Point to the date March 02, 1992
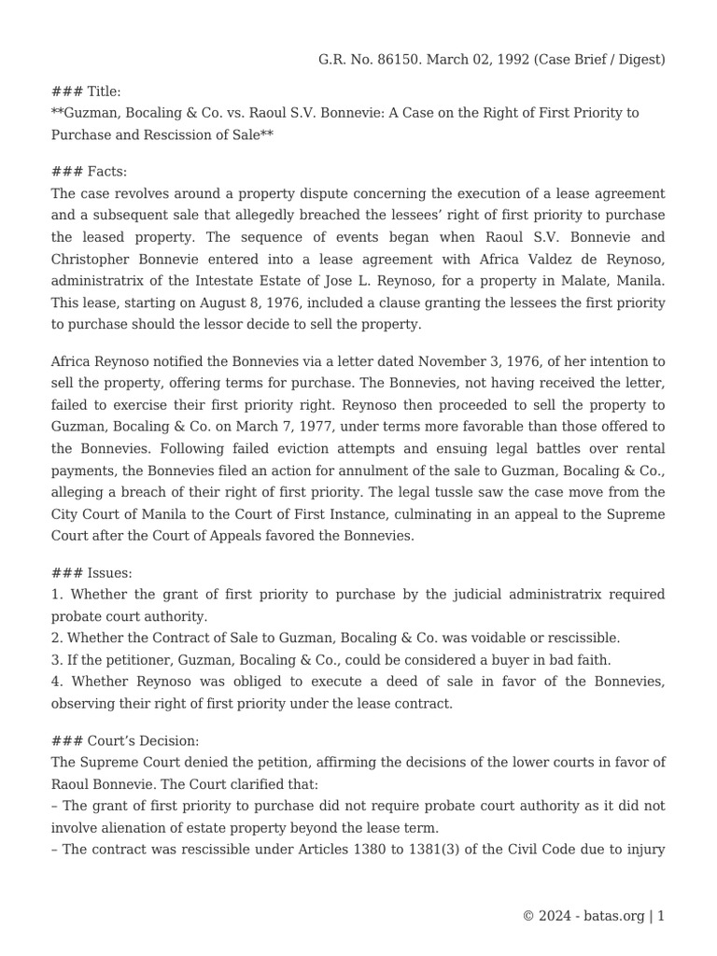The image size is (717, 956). point(472,59)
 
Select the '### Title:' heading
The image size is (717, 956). point(86,91)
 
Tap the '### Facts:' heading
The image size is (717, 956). point(89,172)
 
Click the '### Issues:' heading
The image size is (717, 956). point(91,572)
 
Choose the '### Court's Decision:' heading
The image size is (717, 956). point(124,740)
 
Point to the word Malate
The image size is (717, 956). point(556,281)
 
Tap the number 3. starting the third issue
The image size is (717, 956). point(57,660)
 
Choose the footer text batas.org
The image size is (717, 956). point(612,916)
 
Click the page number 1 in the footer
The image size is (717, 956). point(661,916)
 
